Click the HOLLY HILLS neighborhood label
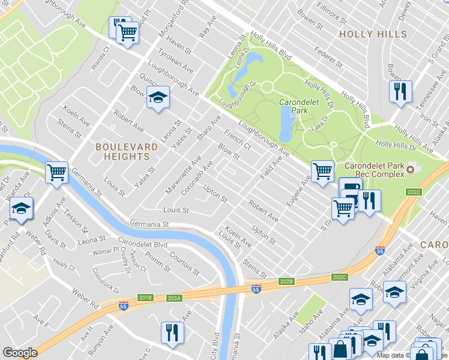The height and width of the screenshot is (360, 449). point(373,34)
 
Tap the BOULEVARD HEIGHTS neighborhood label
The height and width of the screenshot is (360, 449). point(122,151)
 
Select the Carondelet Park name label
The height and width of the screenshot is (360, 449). point(294,106)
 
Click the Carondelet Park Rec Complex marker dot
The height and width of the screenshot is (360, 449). point(411,170)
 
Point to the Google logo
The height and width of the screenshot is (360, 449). point(20,352)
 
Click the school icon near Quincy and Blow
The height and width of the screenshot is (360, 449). point(157,97)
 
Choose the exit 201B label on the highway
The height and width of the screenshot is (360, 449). point(145,297)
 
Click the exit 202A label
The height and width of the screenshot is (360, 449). point(175,297)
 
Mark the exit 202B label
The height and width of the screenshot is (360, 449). point(286,281)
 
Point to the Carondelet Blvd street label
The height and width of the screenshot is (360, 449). point(142,244)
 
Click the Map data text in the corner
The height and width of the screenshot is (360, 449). point(393,355)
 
